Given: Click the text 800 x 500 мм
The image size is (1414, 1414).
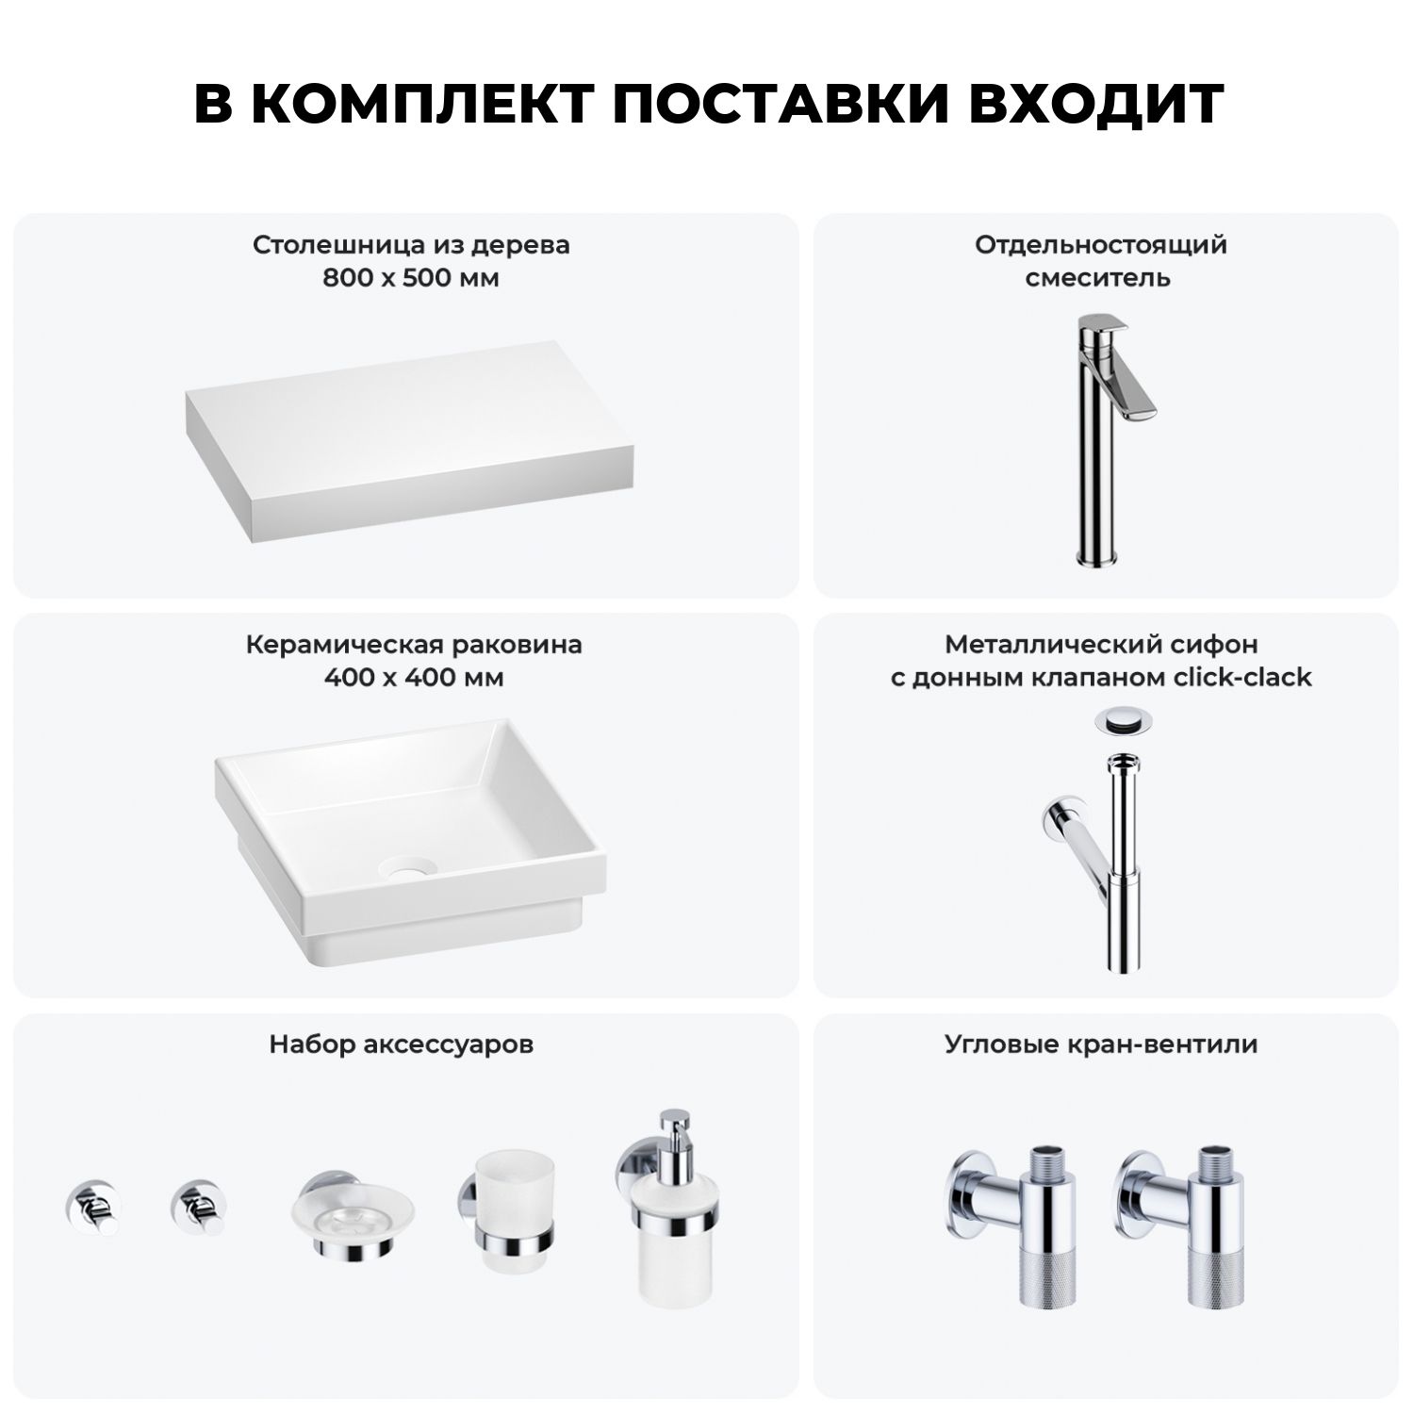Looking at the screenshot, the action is tap(411, 278).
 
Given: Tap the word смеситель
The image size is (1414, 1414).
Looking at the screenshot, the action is tap(1098, 278).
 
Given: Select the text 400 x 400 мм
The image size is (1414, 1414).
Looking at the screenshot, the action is tap(413, 678).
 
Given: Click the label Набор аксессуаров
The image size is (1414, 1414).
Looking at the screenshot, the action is tap(402, 1044).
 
